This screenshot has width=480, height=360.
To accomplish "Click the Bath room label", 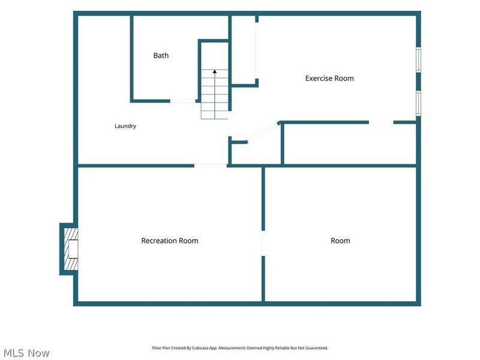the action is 161,55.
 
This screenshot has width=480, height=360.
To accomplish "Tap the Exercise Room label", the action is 329,79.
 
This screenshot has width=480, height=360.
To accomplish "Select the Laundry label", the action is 125,126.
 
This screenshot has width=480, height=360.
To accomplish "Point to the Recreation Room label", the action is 170,241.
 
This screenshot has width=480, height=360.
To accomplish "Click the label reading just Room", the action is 340,241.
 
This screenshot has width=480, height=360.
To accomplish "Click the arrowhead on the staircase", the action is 215,71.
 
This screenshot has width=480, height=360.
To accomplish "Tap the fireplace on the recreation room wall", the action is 69,249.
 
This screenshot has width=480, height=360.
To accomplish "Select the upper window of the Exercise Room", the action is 418,59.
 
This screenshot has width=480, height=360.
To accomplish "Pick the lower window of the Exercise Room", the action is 418,103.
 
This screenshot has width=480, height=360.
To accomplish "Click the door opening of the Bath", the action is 183,101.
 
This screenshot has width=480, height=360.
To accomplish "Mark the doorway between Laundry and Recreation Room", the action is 211,166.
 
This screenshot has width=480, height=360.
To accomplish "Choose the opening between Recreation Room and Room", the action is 263,244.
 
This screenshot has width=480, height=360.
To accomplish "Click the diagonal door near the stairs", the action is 262,132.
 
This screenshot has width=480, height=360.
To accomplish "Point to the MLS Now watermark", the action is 26,353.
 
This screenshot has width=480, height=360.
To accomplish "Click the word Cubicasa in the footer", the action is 200,348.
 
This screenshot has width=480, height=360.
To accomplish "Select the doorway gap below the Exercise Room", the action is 381,122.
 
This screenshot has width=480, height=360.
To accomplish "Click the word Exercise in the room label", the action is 319,79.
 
